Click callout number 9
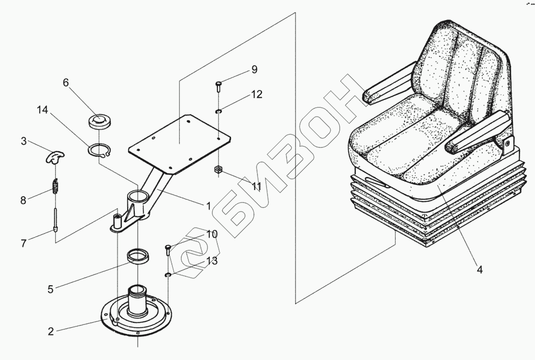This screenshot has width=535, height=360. [x=254, y=70]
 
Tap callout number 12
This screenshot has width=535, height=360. [x=256, y=94]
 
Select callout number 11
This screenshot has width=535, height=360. [x=256, y=187]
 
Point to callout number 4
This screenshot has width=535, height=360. [x=479, y=270]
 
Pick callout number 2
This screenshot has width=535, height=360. [x=51, y=331]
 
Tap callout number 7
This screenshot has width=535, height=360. [x=23, y=244]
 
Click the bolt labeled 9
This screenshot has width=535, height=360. [x=219, y=86]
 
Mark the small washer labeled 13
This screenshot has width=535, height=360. [x=169, y=275]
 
